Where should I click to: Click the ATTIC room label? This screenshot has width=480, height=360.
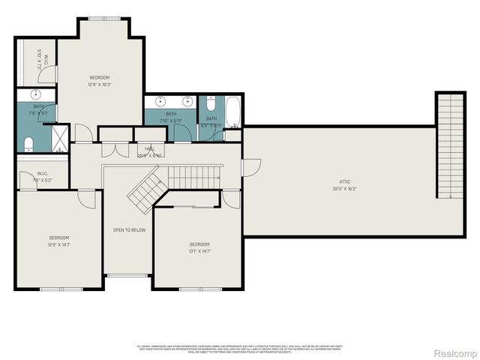click(x=344, y=181)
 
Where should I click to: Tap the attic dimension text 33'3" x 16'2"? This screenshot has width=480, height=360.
click(x=344, y=189)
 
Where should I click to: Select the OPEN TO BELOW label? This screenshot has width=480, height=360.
click(x=129, y=229)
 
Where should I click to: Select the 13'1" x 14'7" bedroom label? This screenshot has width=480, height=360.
click(x=199, y=250)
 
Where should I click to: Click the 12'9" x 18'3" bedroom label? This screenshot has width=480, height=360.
click(x=100, y=84)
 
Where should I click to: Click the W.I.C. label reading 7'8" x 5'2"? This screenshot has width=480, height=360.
click(x=42, y=179)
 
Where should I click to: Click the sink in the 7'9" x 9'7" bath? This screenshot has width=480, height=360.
click(x=35, y=95)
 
